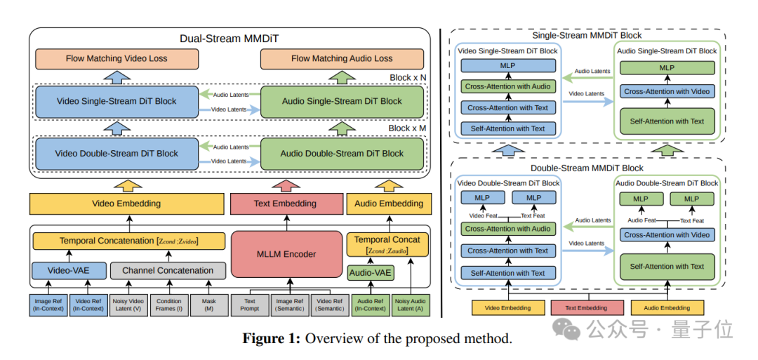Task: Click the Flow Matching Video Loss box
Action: [117, 58]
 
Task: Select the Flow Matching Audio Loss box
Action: [342, 58]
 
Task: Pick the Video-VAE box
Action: [68, 270]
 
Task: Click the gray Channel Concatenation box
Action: [168, 270]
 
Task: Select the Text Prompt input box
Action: [250, 305]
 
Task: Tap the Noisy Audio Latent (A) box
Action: [410, 305]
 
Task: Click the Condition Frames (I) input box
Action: [169, 305]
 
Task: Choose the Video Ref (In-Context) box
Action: [88, 305]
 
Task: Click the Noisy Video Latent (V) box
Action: [128, 305]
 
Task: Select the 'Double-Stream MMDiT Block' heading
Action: [587, 168]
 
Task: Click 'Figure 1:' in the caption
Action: [271, 339]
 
